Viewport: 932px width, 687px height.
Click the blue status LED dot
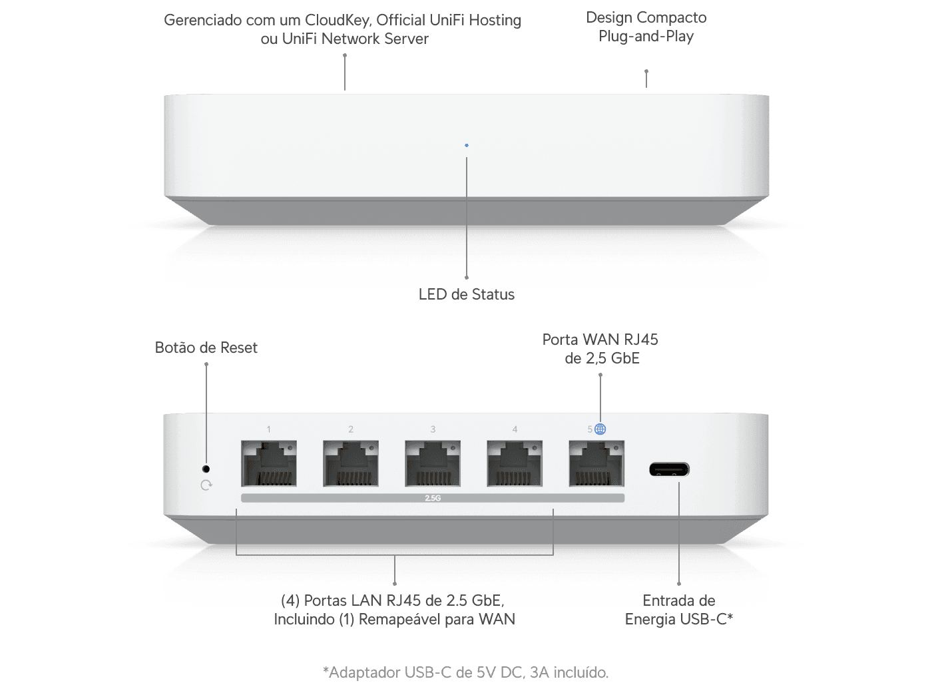pos(467,145)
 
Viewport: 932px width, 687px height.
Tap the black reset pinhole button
pos(206,469)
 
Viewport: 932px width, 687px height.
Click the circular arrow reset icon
pos(206,485)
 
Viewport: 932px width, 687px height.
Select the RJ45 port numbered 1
pos(269,463)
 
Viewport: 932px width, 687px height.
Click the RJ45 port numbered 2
pos(351,463)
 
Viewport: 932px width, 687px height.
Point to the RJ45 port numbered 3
pos(433,463)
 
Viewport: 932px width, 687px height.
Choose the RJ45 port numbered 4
pos(515,463)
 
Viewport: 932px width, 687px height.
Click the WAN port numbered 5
pos(596,463)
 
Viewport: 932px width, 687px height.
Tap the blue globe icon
pos(600,429)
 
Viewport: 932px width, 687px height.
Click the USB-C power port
pos(669,469)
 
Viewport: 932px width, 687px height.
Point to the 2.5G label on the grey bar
pos(433,498)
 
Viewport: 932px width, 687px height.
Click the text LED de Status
pos(467,294)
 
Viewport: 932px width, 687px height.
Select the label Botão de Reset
pos(206,347)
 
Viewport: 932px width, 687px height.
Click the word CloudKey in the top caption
pos(338,20)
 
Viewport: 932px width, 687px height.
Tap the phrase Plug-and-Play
pos(646,37)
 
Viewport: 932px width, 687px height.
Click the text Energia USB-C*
pos(678,619)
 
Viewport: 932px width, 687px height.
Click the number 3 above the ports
pos(433,429)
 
